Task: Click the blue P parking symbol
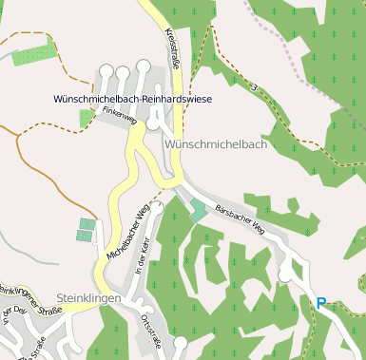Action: [x=321, y=304]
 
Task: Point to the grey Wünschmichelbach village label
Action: [x=215, y=143]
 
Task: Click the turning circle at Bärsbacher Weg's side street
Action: [x=284, y=275]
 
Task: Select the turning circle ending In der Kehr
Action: [x=158, y=206]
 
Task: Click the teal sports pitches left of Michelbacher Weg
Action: [x=87, y=230]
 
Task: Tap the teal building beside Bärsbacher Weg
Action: [x=197, y=210]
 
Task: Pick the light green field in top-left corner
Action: [x=33, y=53]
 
